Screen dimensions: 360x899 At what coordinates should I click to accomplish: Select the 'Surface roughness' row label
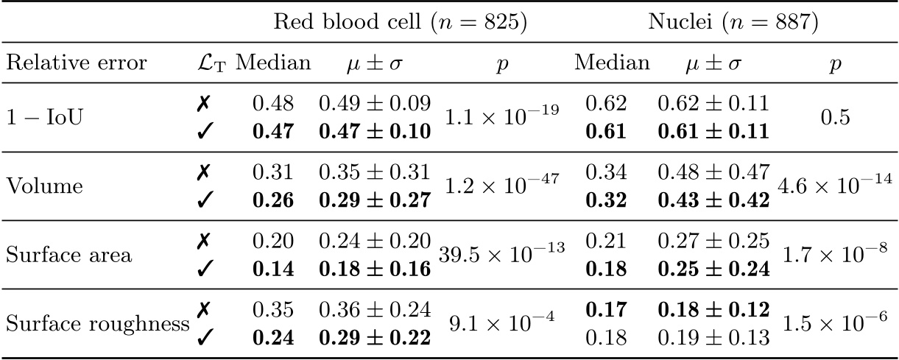pyautogui.click(x=96, y=323)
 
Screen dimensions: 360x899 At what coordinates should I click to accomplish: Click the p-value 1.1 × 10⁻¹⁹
pyautogui.click(x=501, y=114)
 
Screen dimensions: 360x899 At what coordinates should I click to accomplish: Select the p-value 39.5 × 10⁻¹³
pyautogui.click(x=501, y=254)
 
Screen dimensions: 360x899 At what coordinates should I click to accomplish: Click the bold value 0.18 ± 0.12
pyautogui.click(x=713, y=311)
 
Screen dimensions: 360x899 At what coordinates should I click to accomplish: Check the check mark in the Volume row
pyautogui.click(x=207, y=197)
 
